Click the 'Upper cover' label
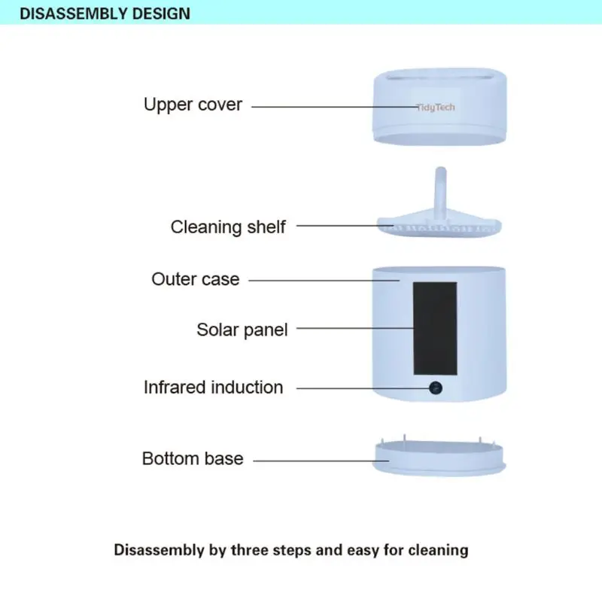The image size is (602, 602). pyautogui.click(x=193, y=105)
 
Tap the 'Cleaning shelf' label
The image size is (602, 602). pyautogui.click(x=228, y=227)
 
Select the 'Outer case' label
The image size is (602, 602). pyautogui.click(x=196, y=279)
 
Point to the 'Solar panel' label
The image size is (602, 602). pyautogui.click(x=242, y=330)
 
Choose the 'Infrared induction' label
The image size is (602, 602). pyautogui.click(x=214, y=388)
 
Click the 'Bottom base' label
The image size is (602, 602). pyautogui.click(x=193, y=459)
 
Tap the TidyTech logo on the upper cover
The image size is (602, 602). pyautogui.click(x=436, y=107)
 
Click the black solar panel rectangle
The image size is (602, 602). pyautogui.click(x=435, y=329)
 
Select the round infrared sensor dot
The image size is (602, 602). pyautogui.click(x=436, y=388)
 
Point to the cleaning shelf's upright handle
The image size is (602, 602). pyautogui.click(x=441, y=191)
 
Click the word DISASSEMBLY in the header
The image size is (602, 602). pyautogui.click(x=73, y=14)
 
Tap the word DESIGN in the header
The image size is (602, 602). pyautogui.click(x=161, y=14)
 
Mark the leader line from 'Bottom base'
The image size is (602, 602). pyautogui.click(x=321, y=461)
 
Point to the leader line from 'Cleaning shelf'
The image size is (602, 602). pyautogui.click(x=345, y=225)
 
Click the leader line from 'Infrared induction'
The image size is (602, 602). pyautogui.click(x=363, y=388)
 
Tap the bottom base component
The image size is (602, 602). pyautogui.click(x=439, y=457)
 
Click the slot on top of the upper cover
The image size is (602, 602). pyautogui.click(x=440, y=77)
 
